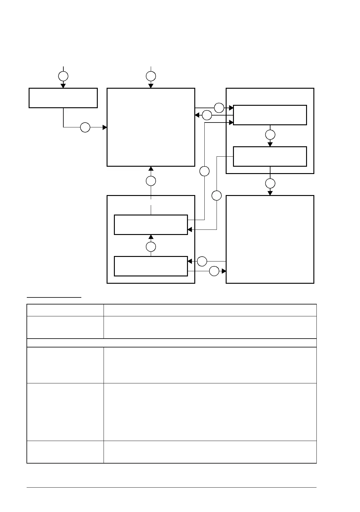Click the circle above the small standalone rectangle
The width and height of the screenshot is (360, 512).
63,76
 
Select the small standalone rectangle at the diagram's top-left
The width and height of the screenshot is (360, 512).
63,98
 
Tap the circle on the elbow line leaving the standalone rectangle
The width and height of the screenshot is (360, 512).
85,127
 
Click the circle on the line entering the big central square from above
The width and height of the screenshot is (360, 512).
151,76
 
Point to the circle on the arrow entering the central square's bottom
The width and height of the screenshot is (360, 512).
151,181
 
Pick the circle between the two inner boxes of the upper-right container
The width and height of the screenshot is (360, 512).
270,135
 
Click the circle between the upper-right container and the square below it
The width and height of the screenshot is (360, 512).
270,183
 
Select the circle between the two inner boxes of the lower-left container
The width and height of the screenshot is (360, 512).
151,247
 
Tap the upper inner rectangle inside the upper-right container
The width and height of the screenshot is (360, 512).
270,115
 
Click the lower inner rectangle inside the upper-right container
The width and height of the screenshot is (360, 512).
270,156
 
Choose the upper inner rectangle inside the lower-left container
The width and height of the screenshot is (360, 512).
151,225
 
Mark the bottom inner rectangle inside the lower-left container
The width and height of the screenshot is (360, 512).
151,266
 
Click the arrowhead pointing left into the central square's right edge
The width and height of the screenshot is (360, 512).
197,115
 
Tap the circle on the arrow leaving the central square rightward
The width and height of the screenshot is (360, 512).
219,108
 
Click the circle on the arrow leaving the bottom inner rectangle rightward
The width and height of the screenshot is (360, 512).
214,271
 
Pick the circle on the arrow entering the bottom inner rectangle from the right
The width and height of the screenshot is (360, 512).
202,261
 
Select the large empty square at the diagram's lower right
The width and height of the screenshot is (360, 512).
270,239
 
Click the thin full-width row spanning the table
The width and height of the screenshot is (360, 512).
172,343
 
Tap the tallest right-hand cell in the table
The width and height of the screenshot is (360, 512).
210,412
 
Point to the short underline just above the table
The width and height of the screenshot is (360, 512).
54,297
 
